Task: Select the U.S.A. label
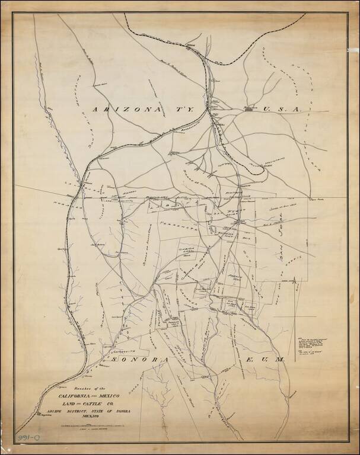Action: [x=282, y=109]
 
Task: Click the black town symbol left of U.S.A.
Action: [x=250, y=109]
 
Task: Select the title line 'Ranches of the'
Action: [x=77, y=386]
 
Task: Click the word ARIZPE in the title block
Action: [x=50, y=412]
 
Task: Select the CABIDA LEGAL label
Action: [x=187, y=252]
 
